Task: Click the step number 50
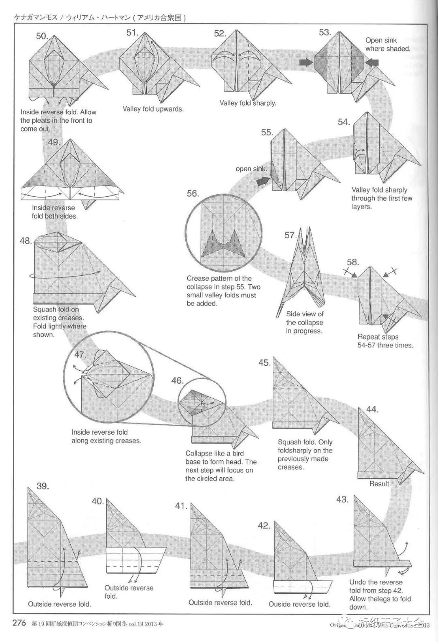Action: (42, 36)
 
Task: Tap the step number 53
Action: (325, 32)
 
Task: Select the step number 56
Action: (193, 194)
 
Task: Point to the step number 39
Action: (43, 486)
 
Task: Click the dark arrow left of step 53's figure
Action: (306, 62)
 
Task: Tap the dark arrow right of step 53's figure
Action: (372, 62)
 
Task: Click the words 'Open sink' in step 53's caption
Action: (381, 40)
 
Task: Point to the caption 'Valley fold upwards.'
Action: (153, 109)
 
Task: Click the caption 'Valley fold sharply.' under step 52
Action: (248, 103)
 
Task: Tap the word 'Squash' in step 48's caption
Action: (45, 309)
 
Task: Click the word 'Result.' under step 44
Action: (380, 484)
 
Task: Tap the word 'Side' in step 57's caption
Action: (293, 314)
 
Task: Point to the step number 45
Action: (264, 363)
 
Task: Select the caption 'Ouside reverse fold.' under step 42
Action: (299, 604)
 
